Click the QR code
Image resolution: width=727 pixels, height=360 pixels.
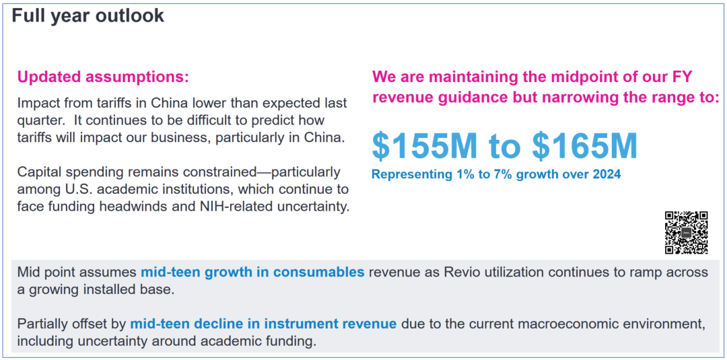click(x=686, y=233)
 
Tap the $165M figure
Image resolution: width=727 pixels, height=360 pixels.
click(x=585, y=147)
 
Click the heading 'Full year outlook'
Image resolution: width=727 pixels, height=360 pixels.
click(x=88, y=15)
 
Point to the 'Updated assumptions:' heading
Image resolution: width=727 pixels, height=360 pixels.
click(x=103, y=77)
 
